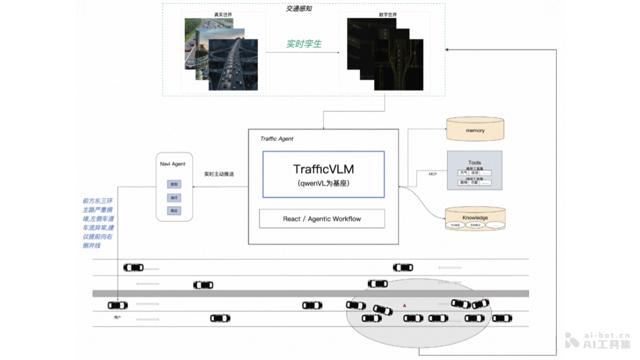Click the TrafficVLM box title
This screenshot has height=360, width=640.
(x=323, y=169)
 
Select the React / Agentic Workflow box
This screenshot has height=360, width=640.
(x=322, y=219)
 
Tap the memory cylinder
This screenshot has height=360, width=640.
(x=475, y=130)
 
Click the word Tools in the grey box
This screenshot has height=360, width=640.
(x=474, y=163)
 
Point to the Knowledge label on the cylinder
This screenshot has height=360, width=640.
(x=475, y=218)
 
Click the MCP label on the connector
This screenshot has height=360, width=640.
(x=433, y=174)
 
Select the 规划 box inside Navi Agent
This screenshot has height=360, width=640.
(x=174, y=184)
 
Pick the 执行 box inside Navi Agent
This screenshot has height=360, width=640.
(x=174, y=198)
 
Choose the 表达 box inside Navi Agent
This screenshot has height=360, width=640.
(x=174, y=211)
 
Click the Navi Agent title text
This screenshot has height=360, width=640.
(x=173, y=164)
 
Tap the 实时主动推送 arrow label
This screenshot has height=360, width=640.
(x=219, y=174)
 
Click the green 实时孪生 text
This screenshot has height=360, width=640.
(x=303, y=44)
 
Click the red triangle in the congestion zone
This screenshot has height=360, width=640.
(x=404, y=305)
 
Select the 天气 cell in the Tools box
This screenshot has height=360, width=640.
(x=463, y=173)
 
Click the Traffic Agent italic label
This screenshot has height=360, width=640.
(x=277, y=139)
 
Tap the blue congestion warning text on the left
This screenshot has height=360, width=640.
(x=98, y=223)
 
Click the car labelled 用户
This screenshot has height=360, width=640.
(x=118, y=306)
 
